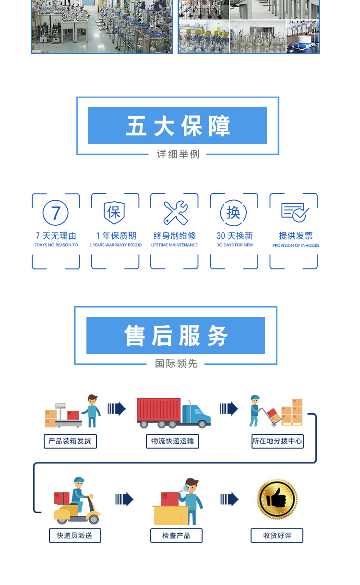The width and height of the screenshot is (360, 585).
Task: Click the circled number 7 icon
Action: coord(56,213)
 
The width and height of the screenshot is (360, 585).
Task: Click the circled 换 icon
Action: coord(233,213)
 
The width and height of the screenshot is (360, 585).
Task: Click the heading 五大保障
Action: coord(178,126)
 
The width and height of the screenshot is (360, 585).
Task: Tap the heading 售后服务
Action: coord(176,335)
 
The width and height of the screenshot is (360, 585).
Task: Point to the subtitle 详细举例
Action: coord(178,154)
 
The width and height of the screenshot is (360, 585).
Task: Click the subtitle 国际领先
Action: coord(176,364)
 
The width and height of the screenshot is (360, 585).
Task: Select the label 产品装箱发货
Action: coord(70,441)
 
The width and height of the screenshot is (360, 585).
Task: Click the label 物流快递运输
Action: coord(172,441)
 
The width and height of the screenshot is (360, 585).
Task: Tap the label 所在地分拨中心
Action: coord(277,441)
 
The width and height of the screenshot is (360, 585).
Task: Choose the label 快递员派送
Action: coord(75,536)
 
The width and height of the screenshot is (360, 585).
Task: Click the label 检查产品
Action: coord(176,536)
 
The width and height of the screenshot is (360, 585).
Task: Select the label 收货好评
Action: coord(277,536)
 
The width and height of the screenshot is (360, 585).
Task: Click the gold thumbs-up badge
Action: coord(277,500)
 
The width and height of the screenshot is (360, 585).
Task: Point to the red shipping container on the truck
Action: coord(158,410)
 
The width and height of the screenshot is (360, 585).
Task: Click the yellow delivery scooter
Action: coord(77,512)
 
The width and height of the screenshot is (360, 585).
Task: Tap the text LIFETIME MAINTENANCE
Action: coord(174,245)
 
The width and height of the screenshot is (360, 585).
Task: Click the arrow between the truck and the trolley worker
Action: coord(229,409)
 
